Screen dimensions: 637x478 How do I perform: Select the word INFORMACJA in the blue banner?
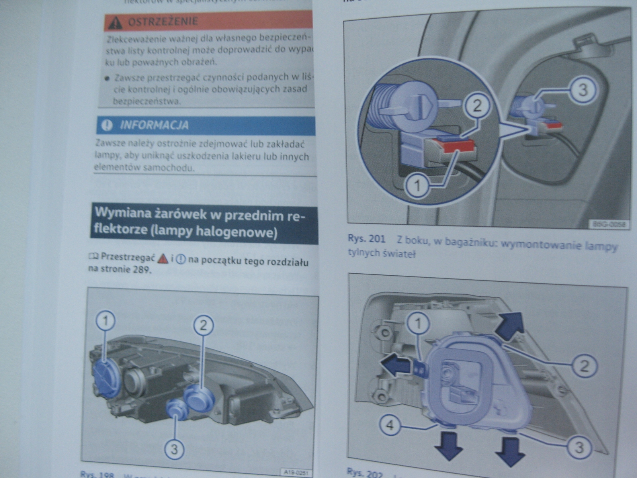[x=154, y=125]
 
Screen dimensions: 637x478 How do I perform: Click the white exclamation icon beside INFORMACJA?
[x=107, y=125]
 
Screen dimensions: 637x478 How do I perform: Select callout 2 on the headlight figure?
[x=203, y=325]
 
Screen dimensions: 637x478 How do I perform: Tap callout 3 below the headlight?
[x=174, y=449]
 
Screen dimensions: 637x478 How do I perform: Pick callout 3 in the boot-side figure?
[x=582, y=89]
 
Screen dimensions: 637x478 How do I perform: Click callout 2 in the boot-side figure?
[x=477, y=106]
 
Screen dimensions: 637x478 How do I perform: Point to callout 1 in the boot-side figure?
[x=417, y=186]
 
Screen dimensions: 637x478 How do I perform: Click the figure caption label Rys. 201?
[x=366, y=239]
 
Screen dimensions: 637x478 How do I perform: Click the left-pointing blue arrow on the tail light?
[x=394, y=364]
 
